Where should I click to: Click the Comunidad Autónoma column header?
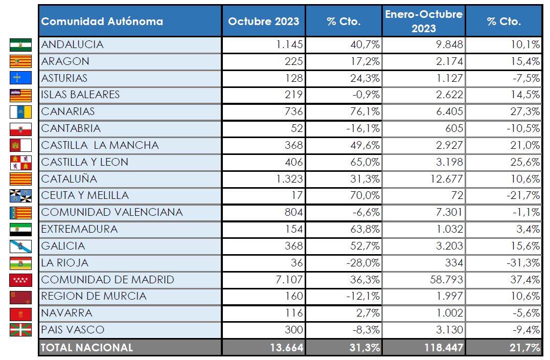102,21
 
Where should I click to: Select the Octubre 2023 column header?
263,21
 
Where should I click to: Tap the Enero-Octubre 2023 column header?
423,21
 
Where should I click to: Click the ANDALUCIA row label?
72,44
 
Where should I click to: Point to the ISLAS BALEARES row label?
80,95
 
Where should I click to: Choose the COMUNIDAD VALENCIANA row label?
111,212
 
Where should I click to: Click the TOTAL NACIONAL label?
87,348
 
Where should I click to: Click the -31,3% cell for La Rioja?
523,263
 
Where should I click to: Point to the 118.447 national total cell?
443,348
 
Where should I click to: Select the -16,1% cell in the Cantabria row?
362,128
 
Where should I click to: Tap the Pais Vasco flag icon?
20,330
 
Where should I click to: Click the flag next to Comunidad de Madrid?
20,280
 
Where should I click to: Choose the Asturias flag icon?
20,78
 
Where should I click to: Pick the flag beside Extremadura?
20,229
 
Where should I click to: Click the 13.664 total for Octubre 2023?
287,348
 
